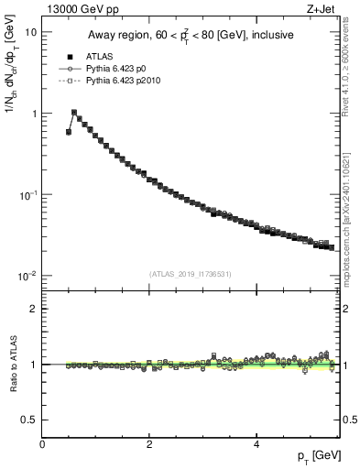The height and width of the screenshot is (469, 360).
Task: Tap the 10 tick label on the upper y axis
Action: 30,32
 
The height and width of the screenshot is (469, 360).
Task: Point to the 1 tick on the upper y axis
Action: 33,114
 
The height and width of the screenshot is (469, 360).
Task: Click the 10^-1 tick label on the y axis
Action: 28,195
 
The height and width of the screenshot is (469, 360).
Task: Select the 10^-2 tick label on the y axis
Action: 28,277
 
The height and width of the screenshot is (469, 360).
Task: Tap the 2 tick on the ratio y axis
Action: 33,309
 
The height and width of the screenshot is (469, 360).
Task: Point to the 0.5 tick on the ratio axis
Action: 29,420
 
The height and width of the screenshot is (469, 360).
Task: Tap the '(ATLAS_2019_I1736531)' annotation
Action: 190,273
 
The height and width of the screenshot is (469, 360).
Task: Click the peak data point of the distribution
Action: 74,113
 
